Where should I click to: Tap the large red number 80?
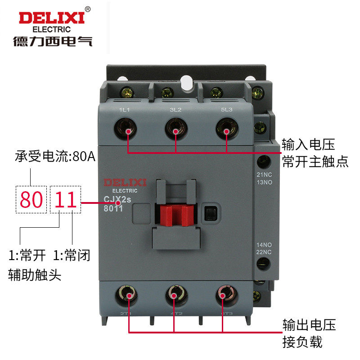point(31,199)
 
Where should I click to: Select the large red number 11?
point(65,199)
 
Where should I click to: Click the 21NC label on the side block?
point(263,175)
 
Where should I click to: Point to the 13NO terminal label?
point(263,182)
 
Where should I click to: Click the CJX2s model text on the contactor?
point(117,200)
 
